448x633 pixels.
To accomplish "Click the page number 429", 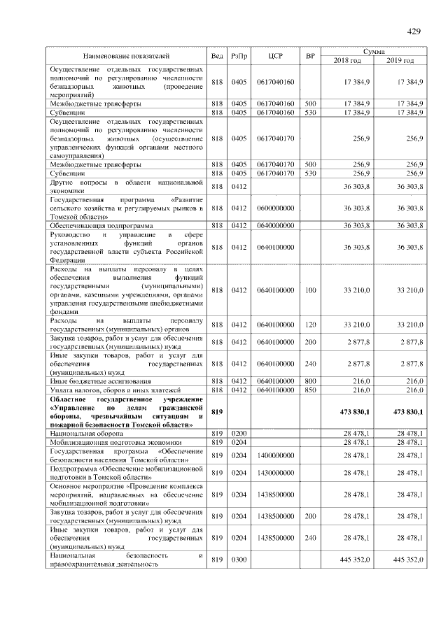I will [413, 31].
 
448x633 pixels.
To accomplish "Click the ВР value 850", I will [310, 390].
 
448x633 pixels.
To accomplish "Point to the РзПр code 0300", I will [240, 560].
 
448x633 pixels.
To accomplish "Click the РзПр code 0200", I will [240, 434].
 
